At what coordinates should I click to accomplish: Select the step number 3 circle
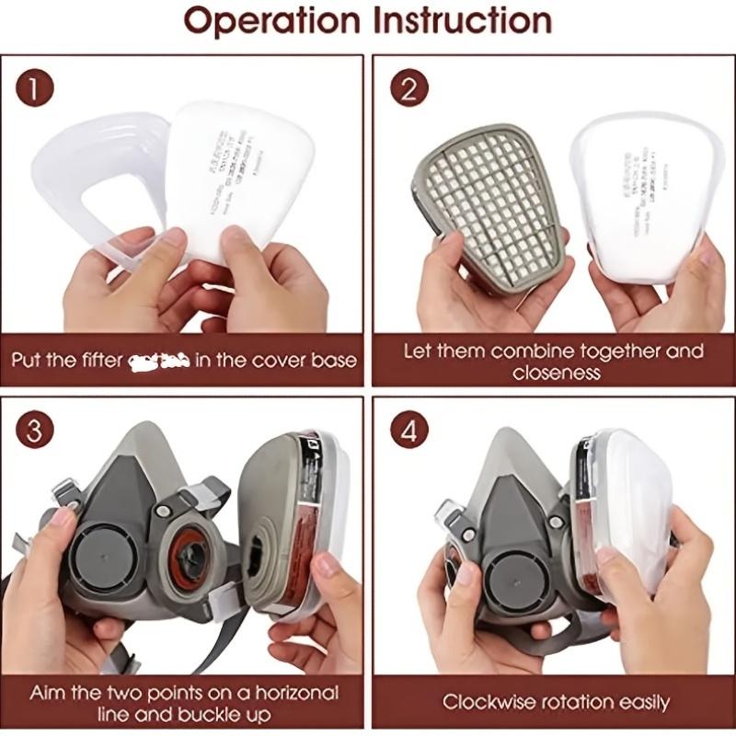coord(35,430)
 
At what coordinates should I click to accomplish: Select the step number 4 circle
coord(409,430)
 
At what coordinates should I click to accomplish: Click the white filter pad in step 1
coord(244,175)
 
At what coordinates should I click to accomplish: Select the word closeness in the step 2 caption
coord(558,374)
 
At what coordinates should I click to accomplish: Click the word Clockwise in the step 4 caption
coord(489,703)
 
